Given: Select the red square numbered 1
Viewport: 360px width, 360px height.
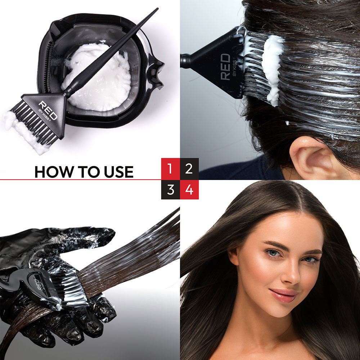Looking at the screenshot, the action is [170, 169].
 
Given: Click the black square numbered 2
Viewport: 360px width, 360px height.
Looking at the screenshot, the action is [189, 169].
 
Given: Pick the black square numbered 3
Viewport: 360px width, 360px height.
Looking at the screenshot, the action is [170, 190].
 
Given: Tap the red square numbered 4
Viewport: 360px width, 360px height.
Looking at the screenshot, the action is [189, 190].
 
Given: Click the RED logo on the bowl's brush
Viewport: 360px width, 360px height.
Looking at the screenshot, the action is [48, 110].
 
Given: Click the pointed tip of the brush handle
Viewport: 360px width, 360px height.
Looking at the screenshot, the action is [158, 9].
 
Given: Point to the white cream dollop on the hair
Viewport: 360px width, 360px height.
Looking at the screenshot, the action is [273, 69].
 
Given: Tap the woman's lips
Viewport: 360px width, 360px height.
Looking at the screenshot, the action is [284, 296].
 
